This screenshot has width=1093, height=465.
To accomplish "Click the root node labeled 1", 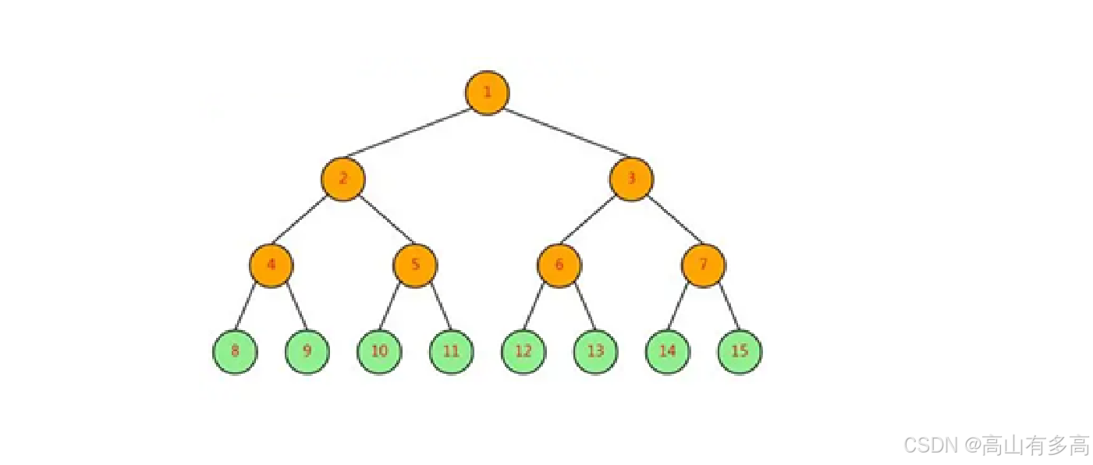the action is (487, 93).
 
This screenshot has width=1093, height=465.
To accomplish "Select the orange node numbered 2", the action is (343, 179).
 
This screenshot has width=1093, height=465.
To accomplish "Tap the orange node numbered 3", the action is (631, 179).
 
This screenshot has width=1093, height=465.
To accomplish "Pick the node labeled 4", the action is (271, 265).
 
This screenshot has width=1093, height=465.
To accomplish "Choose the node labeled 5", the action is (415, 265).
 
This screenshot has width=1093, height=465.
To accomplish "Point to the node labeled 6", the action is (559, 265).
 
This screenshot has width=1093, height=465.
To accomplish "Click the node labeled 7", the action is (704, 265).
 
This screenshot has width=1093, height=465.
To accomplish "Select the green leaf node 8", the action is (235, 352).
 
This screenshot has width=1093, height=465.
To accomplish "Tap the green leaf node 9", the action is (307, 352).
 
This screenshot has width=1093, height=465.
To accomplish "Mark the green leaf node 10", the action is (380, 352).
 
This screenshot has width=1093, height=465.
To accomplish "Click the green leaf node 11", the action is (452, 352).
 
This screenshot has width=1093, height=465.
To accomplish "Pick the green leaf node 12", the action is (523, 352).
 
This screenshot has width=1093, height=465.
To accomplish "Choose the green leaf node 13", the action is (596, 352).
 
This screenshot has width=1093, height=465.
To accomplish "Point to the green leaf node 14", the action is (668, 352).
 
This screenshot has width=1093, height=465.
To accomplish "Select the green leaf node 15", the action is (740, 352).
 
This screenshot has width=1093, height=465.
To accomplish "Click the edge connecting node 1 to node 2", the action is (408, 133).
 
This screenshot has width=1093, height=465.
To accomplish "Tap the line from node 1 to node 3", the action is (566, 133).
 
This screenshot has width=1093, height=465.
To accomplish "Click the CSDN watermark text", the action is (996, 445).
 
